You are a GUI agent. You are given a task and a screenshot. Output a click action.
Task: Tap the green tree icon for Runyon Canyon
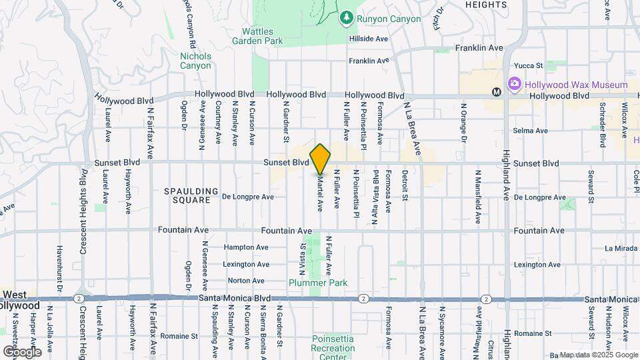tap(346, 17)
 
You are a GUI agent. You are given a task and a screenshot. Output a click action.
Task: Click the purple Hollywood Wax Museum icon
tap(513, 85)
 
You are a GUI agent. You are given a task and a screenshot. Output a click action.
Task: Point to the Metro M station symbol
tap(496, 92)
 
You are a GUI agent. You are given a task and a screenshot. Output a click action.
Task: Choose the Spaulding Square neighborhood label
tap(191, 195)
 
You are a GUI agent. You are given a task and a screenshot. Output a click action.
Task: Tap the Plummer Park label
tap(318, 283)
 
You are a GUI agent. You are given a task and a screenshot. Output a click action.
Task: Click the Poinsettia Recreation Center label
tap(333, 348)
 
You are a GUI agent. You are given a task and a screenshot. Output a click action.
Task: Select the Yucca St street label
tap(529, 65)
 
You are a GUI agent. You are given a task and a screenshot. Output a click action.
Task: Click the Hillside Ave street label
tap(369, 39)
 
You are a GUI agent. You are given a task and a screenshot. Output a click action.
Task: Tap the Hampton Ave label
tap(247, 247)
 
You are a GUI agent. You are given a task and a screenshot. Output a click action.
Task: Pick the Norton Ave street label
tap(246, 281)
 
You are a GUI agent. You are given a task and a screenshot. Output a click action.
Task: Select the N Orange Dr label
tap(463, 122)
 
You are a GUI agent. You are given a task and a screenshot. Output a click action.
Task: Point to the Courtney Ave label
tap(218, 123)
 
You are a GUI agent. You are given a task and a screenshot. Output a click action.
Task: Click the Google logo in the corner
tap(22, 351)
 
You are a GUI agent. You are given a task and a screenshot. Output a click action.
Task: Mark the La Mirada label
tap(621, 248)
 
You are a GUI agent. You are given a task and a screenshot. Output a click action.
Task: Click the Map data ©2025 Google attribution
tap(599, 355)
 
